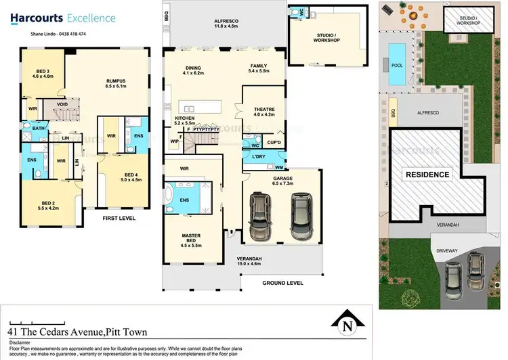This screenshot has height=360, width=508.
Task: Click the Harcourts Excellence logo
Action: (67, 18)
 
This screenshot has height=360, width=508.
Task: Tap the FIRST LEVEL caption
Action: (119, 219)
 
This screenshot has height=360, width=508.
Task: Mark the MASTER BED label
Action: (192, 238)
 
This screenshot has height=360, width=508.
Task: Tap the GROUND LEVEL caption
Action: (282, 283)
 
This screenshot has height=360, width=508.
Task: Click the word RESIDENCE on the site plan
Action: (427, 174)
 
